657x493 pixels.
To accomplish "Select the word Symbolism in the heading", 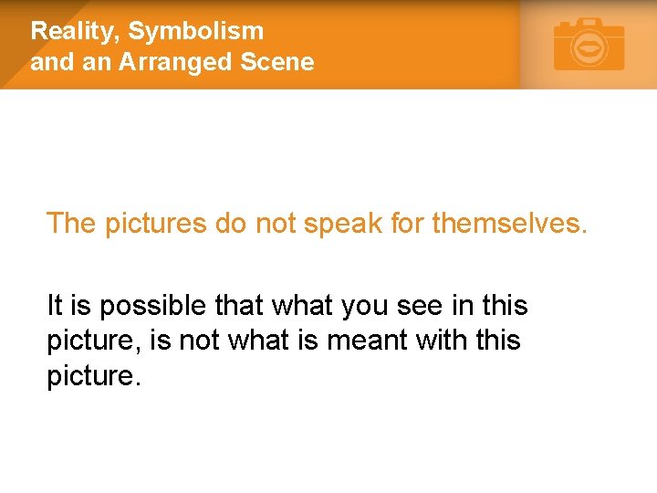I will tap(196, 31).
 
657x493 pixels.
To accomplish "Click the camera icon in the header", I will tap(589, 45).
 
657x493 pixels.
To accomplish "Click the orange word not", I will tap(274, 223).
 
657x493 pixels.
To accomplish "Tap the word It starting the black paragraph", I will tap(56, 306).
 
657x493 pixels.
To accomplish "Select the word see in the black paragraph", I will tap(420, 306).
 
